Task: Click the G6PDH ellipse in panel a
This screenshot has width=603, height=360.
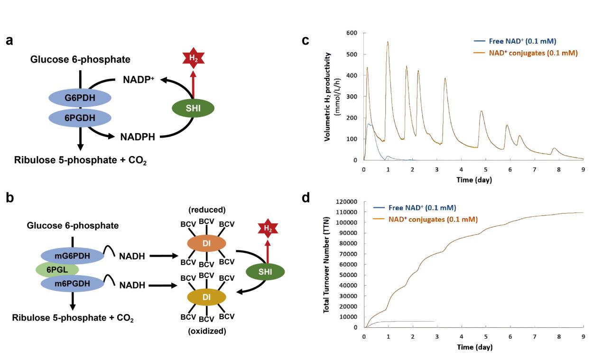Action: pyautogui.click(x=80, y=98)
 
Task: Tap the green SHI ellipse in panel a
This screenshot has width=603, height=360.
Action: pyautogui.click(x=193, y=109)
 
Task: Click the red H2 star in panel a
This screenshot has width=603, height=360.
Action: pyautogui.click(x=193, y=58)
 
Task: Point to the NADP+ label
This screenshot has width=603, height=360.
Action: pyautogui.click(x=139, y=80)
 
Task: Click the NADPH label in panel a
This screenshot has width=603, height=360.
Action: pyautogui.click(x=138, y=137)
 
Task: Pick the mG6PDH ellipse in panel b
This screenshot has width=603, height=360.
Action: pyautogui.click(x=72, y=256)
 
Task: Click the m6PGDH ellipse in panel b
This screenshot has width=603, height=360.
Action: pyautogui.click(x=72, y=284)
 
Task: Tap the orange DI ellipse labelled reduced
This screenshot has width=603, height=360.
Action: pyautogui.click(x=206, y=243)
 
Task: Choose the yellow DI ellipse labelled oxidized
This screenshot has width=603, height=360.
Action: pyautogui.click(x=206, y=297)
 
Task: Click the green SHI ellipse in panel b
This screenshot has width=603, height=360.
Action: pyautogui.click(x=265, y=271)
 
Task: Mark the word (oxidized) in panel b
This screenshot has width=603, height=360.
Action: pyautogui.click(x=207, y=331)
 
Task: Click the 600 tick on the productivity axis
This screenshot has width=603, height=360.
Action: pyautogui.click(x=352, y=33)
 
